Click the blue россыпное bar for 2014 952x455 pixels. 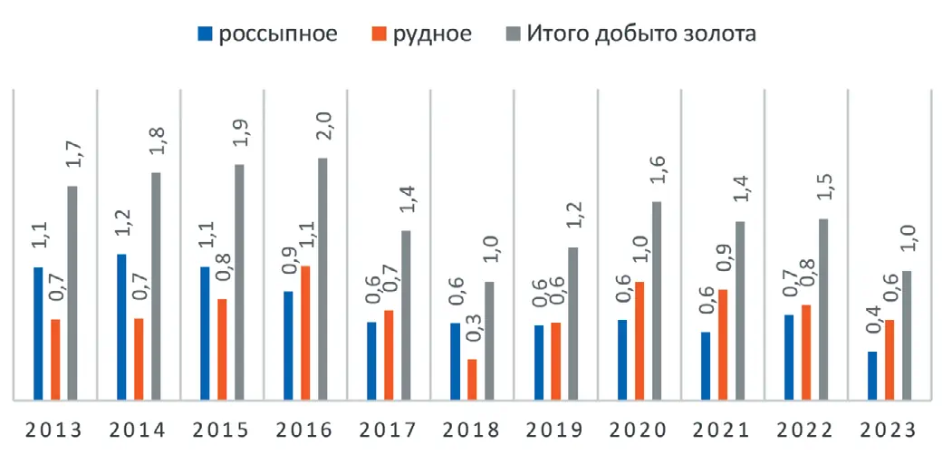(x=121, y=326)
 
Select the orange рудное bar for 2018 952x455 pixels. (x=472, y=379)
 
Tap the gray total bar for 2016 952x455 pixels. (x=322, y=278)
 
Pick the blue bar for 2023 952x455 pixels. (x=872, y=375)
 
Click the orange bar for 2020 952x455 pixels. (x=639, y=340)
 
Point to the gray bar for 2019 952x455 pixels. (x=572, y=323)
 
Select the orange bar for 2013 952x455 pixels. (x=55, y=359)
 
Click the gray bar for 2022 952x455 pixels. (x=823, y=308)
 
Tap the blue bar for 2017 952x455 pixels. (x=371, y=360)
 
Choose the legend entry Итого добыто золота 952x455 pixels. (x=629, y=34)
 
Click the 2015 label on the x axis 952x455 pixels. (x=223, y=429)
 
